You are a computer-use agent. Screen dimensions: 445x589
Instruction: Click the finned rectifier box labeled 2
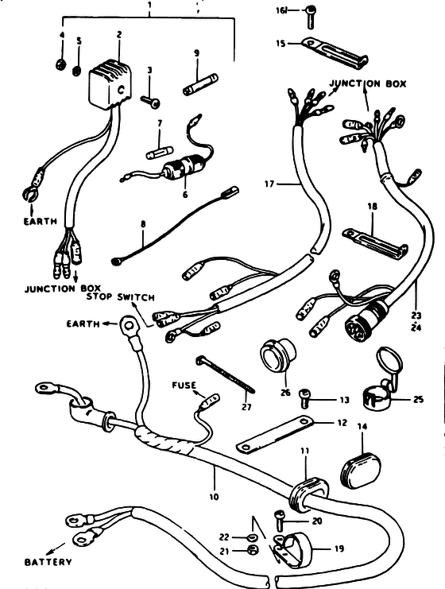coord(110,83)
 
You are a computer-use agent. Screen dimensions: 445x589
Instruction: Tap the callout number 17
coord(269,184)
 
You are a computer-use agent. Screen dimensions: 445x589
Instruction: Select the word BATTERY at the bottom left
coord(48,562)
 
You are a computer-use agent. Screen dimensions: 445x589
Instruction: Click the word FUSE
coord(184,385)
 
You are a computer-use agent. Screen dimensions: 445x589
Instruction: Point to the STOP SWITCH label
coord(121,297)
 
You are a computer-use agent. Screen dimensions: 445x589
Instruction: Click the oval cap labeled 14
coord(361,471)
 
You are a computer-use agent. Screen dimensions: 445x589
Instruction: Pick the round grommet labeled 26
coord(278,355)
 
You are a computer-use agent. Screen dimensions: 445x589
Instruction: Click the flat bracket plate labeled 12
coord(275,434)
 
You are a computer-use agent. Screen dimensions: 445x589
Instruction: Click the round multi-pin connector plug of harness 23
coord(364,319)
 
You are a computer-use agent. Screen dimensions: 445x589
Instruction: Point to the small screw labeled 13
coord(304,398)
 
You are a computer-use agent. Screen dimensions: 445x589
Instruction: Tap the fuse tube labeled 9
coord(200,85)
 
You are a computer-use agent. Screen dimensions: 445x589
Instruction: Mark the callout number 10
coord(213,497)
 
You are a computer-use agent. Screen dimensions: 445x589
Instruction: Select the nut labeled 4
coord(61,65)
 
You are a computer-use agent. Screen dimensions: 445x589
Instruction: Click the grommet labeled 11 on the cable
coord(308,494)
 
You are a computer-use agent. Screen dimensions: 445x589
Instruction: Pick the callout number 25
coord(418,399)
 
